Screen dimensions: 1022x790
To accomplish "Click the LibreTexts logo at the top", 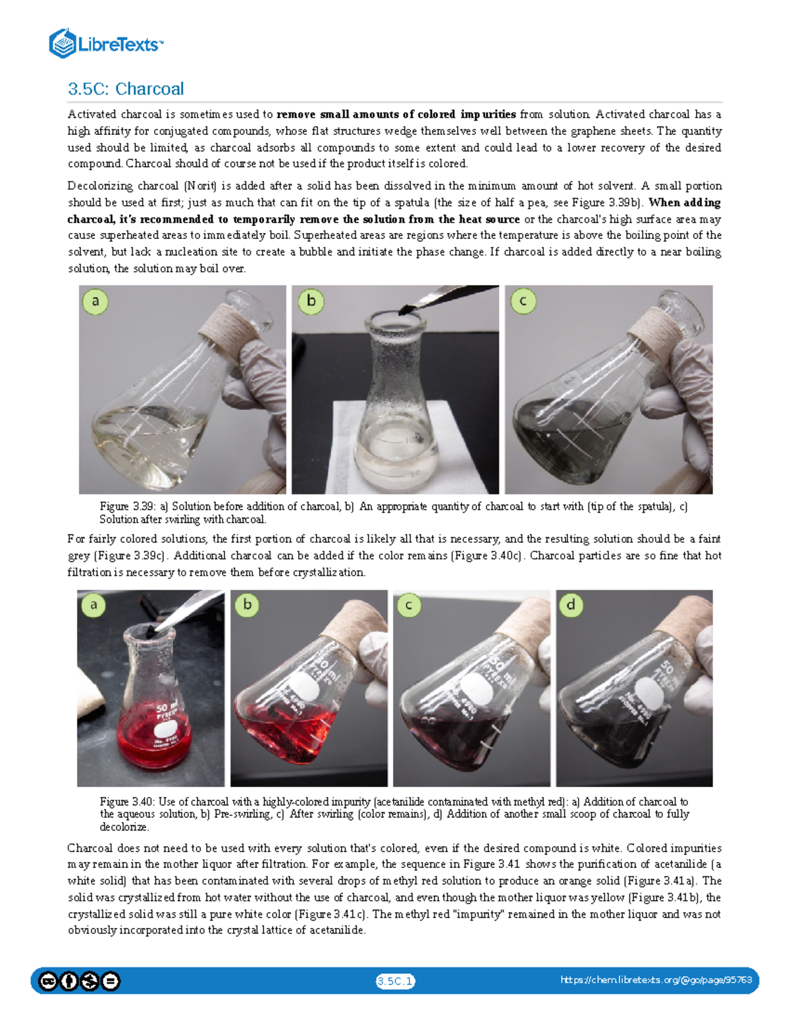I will coord(105,44).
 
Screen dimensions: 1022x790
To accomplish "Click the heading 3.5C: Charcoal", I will coord(126,89).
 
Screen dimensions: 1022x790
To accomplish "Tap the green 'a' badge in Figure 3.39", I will coord(95,301).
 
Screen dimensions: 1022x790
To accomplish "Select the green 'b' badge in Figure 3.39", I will coord(311,301).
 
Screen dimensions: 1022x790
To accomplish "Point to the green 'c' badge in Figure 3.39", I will coord(523,301).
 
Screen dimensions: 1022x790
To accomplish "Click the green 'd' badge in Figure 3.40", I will coord(571,605).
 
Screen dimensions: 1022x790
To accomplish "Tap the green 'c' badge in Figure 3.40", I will coord(409,605).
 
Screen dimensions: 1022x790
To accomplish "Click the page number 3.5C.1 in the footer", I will coord(395,981).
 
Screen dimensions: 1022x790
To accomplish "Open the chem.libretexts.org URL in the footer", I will coord(656,980).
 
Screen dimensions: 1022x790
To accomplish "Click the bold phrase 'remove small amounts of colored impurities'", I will coord(396,115).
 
